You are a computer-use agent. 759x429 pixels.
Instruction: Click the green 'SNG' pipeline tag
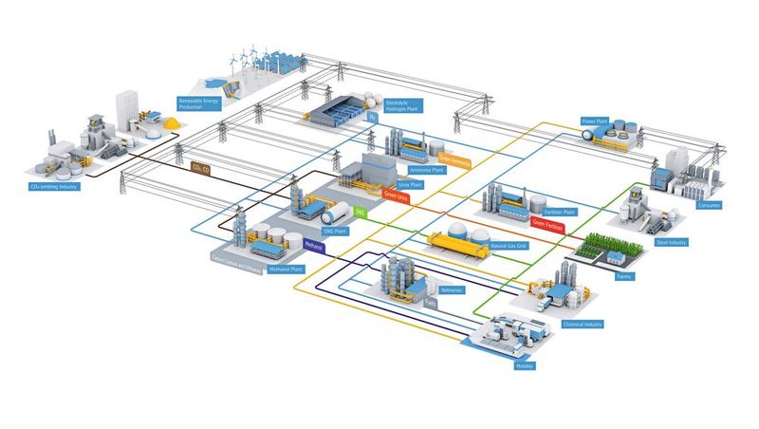[360, 214]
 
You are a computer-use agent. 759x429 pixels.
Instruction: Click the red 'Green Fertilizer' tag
[551, 226]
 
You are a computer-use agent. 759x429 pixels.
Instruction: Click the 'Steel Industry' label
[671, 242]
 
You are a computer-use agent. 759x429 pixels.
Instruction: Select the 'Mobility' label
[525, 364]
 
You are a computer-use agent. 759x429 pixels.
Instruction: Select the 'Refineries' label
[452, 289]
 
